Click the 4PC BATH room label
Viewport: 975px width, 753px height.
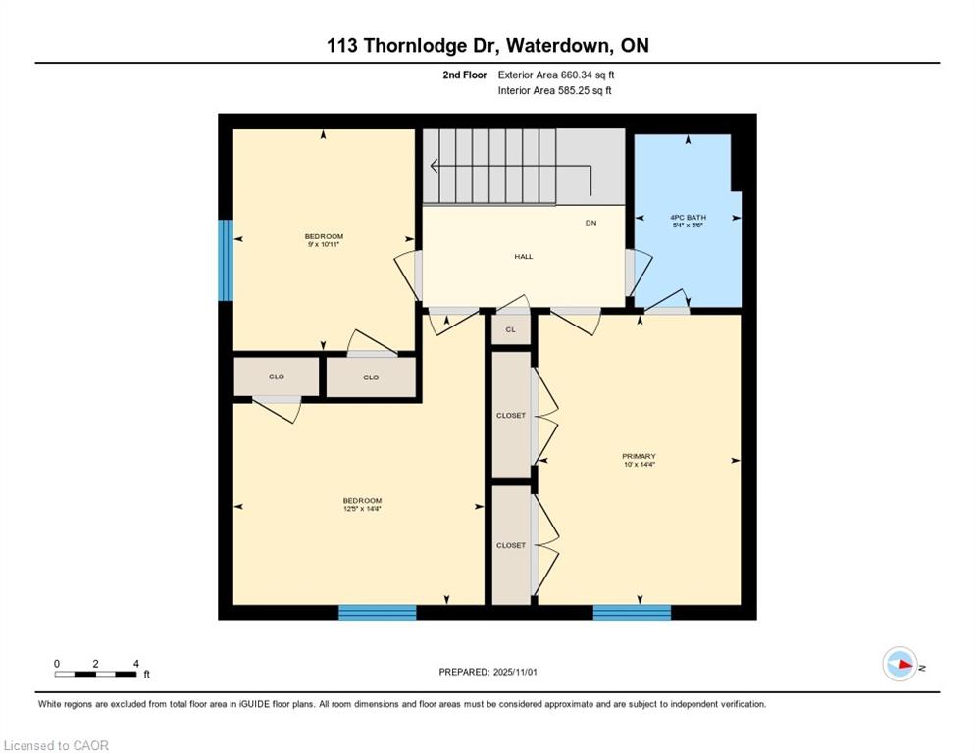pos(688,217)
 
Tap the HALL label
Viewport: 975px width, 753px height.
pos(524,257)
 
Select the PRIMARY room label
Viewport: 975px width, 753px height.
pos(639,456)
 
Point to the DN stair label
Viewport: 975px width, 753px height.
pos(590,223)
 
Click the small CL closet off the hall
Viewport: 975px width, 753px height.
pos(510,329)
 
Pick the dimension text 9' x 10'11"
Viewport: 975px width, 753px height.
pos(324,244)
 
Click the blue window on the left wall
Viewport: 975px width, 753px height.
pos(226,260)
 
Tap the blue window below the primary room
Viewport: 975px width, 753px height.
pos(632,613)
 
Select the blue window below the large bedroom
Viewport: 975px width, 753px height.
pos(378,613)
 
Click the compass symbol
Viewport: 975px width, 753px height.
pos(899,665)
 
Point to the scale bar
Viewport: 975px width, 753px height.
pos(96,674)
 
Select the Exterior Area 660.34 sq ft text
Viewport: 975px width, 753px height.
pos(556,75)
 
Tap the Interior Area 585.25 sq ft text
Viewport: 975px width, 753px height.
pos(554,91)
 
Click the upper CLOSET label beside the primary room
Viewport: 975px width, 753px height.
pos(510,415)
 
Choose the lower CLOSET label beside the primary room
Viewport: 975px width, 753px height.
pos(510,545)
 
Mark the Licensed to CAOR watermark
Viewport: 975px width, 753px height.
pos(56,745)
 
